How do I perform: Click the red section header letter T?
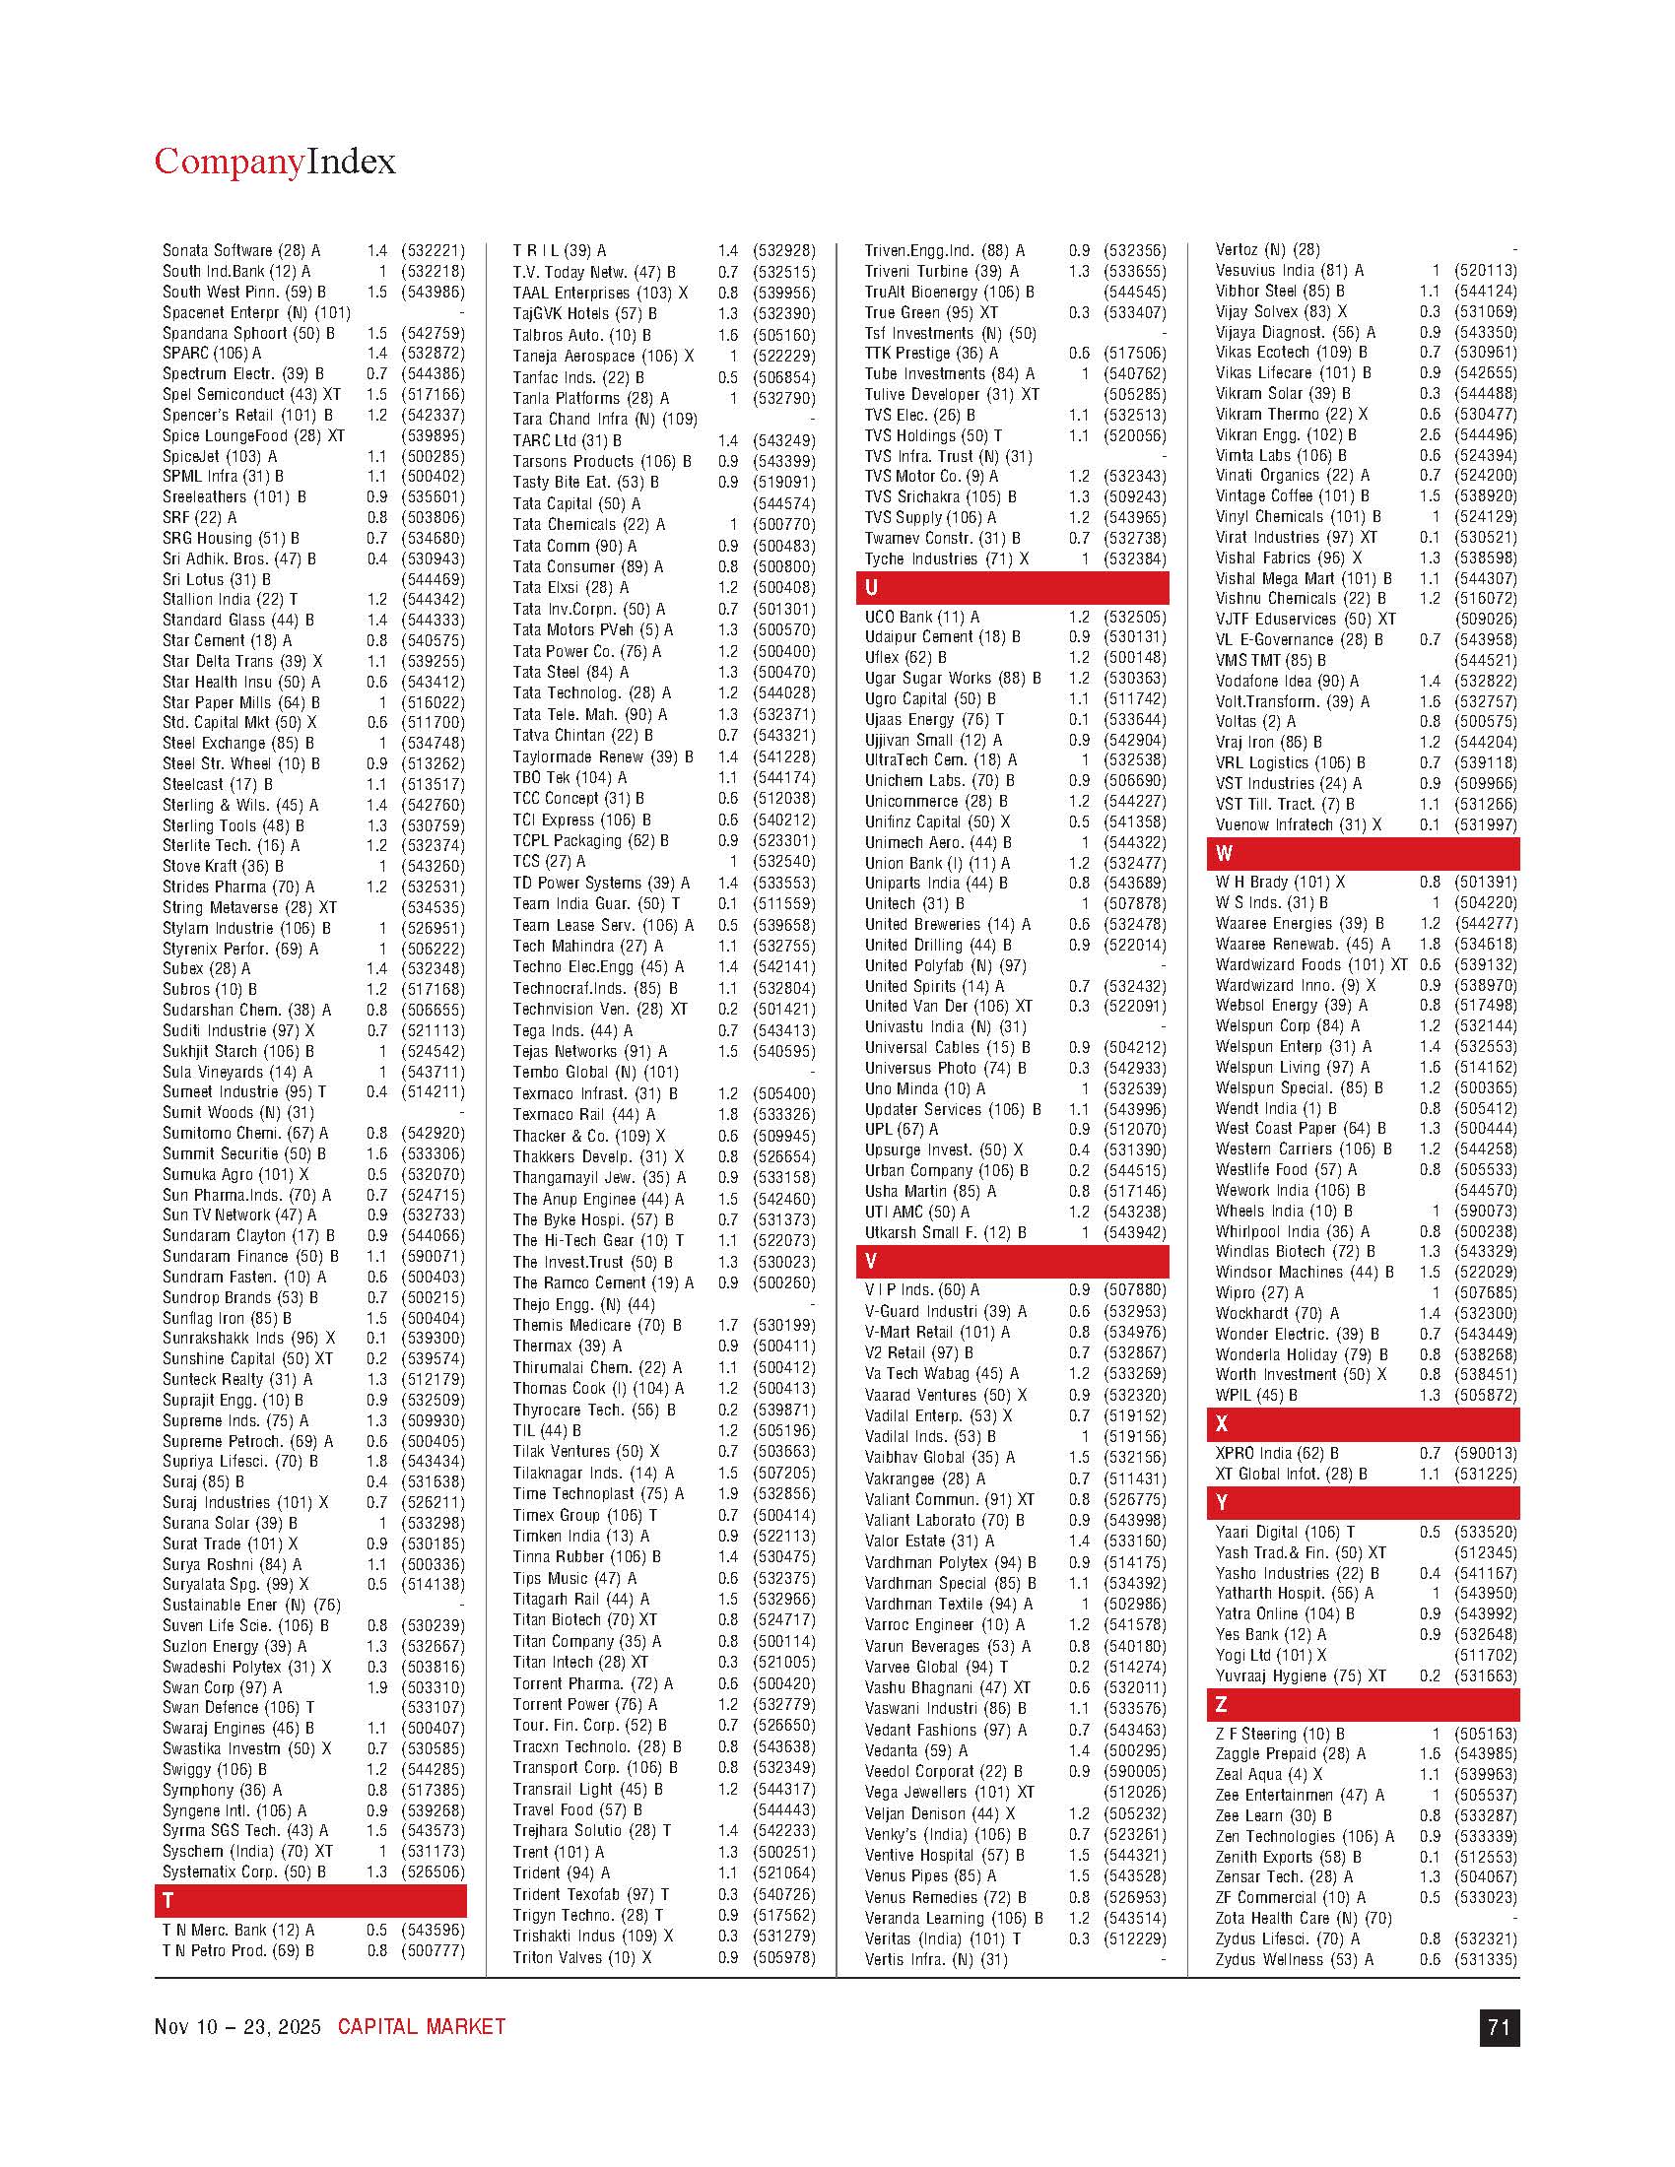167,1900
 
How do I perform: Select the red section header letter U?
871,587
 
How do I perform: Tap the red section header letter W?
1224,853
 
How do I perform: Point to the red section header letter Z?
1222,1705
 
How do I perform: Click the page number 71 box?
1499,2027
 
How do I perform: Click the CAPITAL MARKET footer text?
422,2027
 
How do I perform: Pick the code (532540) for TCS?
784,861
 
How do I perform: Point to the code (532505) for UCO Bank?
1135,618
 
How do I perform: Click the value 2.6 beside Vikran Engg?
1430,434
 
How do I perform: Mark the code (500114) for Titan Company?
784,1641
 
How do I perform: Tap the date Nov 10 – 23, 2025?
238,2027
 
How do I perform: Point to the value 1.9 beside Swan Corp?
377,1686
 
